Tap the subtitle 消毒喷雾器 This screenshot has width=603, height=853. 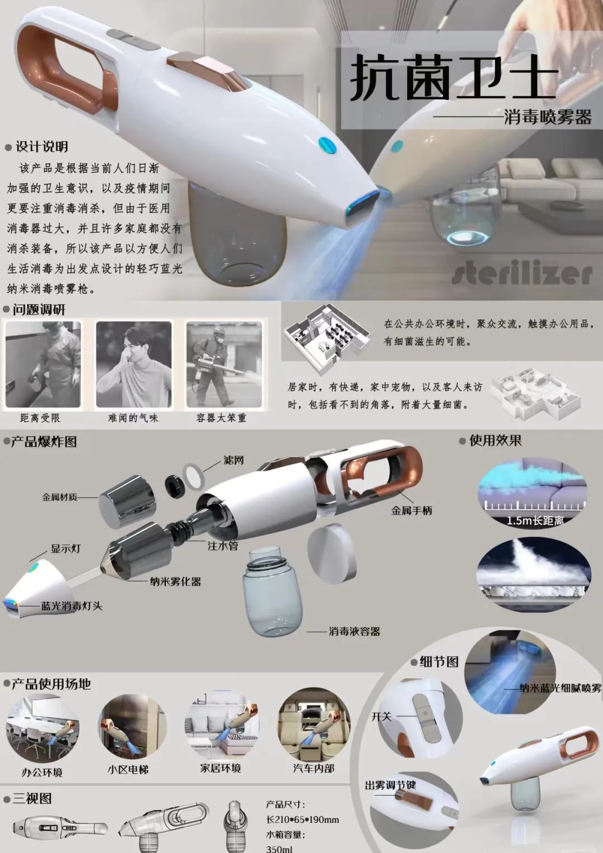pyautogui.click(x=548, y=117)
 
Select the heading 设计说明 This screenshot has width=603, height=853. pyautogui.click(x=41, y=146)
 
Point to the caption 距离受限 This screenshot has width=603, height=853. pyautogui.click(x=40, y=418)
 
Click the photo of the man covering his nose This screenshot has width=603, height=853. pyautogui.click(x=133, y=364)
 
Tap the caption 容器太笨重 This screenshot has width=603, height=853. pyautogui.click(x=221, y=418)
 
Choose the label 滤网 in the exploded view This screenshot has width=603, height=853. pyautogui.click(x=233, y=460)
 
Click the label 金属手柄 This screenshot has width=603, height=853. pyautogui.click(x=411, y=511)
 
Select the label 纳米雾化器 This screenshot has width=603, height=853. pyautogui.click(x=175, y=582)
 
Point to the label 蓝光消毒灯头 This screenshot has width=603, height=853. pyautogui.click(x=71, y=606)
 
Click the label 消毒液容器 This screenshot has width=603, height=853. pyautogui.click(x=355, y=631)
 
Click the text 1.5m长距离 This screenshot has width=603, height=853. pyautogui.click(x=535, y=520)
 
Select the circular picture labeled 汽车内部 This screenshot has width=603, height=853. pyautogui.click(x=313, y=725)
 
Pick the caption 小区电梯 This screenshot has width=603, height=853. pyautogui.click(x=128, y=769)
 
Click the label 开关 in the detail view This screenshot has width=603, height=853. pyautogui.click(x=381, y=717)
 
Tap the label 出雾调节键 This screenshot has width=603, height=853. pyautogui.click(x=391, y=785)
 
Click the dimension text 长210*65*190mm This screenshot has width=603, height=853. pyautogui.click(x=302, y=819)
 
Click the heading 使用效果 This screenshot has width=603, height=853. pyautogui.click(x=495, y=441)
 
